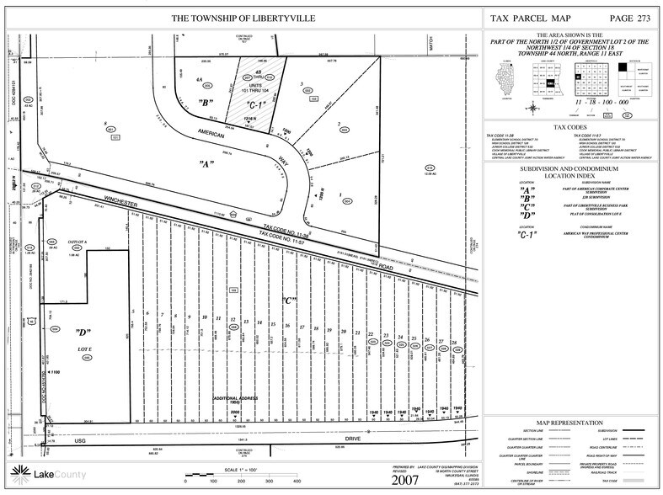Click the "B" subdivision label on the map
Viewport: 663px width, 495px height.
[206, 104]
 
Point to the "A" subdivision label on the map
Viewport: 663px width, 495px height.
[205, 162]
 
